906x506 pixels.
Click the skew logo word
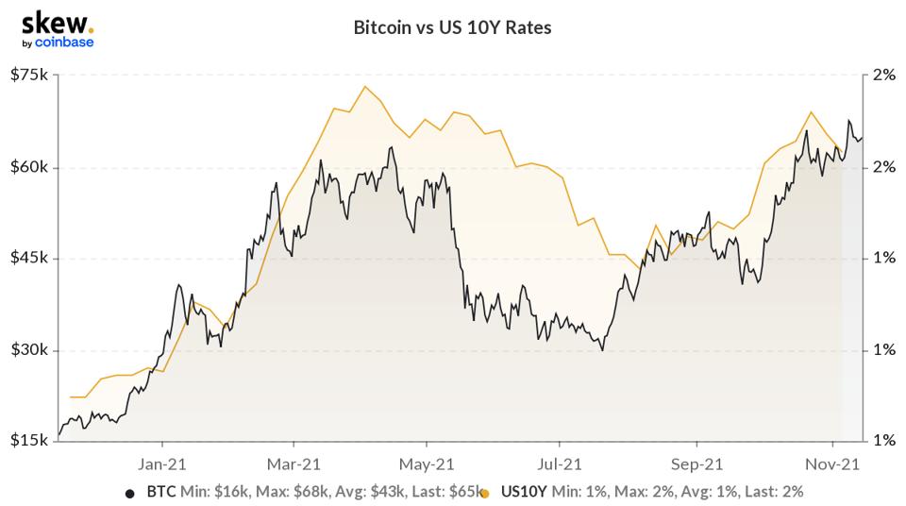click(x=56, y=24)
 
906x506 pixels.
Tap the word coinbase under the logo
click(x=64, y=42)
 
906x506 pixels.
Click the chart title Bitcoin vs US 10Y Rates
click(x=452, y=27)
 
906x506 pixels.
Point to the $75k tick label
click(x=29, y=75)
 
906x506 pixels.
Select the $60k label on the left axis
click(x=29, y=167)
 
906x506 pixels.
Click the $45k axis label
click(x=29, y=258)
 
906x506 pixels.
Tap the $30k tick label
click(x=29, y=350)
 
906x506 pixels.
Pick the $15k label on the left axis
click(x=29, y=440)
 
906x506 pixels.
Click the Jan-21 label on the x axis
click(x=161, y=464)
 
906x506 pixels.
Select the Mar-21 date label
click(x=294, y=464)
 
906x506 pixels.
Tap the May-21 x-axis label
click(x=427, y=464)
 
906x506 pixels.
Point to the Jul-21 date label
click(x=560, y=464)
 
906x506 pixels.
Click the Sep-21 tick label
click(x=696, y=464)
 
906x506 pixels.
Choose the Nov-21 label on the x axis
click(x=832, y=464)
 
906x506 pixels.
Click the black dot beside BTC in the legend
click(x=130, y=494)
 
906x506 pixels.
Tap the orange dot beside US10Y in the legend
click(x=484, y=494)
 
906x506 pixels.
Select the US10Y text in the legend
click(x=524, y=492)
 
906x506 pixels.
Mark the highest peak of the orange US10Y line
click(x=364, y=87)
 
